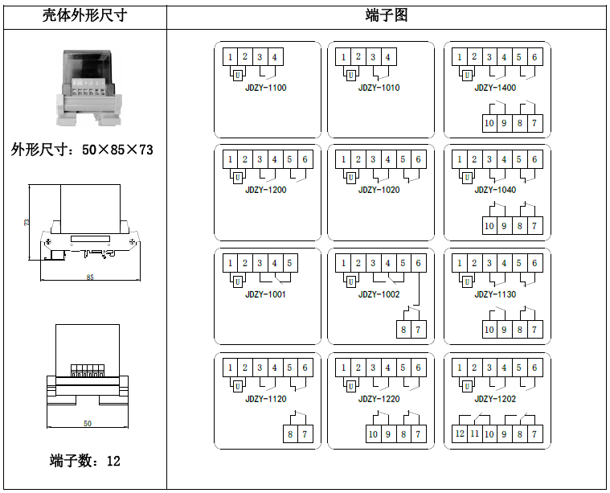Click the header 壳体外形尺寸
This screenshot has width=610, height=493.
point(84,15)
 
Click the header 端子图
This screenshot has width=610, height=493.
point(387,15)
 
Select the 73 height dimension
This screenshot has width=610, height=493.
point(27,223)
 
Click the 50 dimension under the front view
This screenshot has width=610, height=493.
point(87,423)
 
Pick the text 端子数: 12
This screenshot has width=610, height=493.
point(85,461)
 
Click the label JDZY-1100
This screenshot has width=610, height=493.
point(266,88)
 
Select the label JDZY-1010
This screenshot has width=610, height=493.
point(379,88)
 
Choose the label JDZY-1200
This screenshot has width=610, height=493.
point(266,190)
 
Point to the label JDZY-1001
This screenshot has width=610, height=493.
point(266,294)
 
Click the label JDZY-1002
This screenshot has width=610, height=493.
point(379,294)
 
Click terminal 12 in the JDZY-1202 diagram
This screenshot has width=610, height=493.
point(460,434)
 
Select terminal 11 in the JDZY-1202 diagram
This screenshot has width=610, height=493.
point(474,434)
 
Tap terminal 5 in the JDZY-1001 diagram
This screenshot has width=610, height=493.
point(289,263)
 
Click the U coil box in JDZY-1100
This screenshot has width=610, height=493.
point(238,75)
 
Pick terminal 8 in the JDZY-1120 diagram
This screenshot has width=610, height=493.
point(290,434)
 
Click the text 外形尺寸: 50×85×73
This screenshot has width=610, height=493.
point(82,150)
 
